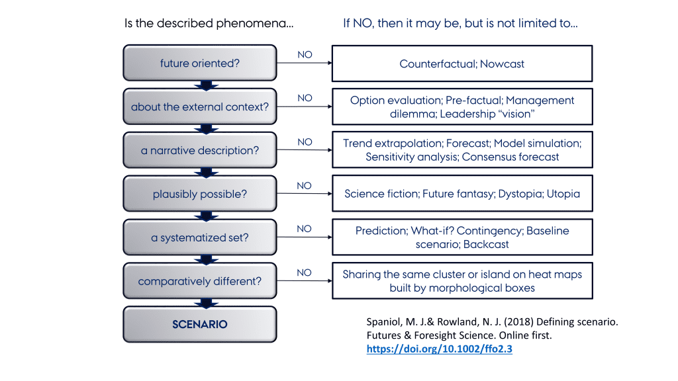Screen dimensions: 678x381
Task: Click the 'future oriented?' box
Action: (x=200, y=63)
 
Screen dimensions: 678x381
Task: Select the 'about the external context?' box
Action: (x=200, y=106)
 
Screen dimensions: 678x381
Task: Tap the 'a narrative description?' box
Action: (x=200, y=150)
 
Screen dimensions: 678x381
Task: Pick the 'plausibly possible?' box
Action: (x=200, y=194)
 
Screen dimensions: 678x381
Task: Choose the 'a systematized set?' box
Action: (x=200, y=237)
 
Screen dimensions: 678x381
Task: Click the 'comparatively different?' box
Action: (x=200, y=281)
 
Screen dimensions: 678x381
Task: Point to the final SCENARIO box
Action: (x=200, y=324)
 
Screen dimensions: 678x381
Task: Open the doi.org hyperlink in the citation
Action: (x=440, y=349)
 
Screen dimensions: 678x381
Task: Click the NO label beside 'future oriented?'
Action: (x=305, y=55)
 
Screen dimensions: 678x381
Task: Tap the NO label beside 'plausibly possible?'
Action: (x=304, y=186)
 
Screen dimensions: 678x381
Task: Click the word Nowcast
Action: (x=502, y=64)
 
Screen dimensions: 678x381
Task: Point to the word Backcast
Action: (x=486, y=245)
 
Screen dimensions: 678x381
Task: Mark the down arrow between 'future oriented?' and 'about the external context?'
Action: (x=207, y=85)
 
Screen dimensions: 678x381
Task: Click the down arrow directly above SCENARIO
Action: (x=207, y=303)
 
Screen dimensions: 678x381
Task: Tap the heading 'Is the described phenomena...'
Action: (x=209, y=23)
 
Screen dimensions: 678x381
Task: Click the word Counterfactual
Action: (x=438, y=64)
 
